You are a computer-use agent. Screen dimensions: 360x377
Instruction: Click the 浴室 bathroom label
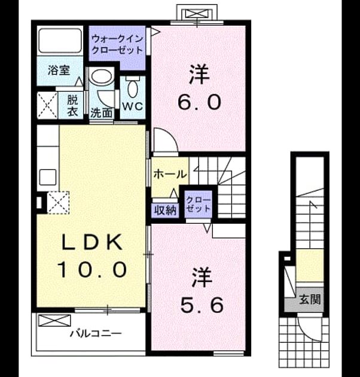[x=59, y=70]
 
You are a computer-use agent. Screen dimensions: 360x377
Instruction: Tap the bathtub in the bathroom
[x=60, y=41]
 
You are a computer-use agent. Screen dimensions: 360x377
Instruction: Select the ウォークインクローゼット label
[x=118, y=44]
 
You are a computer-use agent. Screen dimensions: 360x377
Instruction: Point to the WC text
[x=133, y=106]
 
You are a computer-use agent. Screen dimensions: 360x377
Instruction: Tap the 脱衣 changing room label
[x=72, y=106]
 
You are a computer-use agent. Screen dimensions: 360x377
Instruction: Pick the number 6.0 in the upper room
[x=199, y=102]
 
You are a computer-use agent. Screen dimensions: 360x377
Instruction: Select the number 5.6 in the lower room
[x=202, y=305]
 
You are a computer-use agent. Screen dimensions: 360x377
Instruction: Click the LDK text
[x=92, y=242]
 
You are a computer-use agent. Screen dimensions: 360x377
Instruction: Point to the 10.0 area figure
[x=92, y=269]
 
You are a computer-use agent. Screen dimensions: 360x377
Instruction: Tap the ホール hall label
[x=170, y=174]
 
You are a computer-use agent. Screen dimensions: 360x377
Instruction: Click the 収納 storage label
[x=165, y=211]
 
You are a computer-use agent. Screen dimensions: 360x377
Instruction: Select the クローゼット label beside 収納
[x=199, y=204]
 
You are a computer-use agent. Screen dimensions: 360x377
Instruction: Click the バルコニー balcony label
[x=96, y=333]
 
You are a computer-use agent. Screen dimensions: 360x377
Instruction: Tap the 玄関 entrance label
[x=310, y=300]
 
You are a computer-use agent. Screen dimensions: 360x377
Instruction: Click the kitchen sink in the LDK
[x=48, y=178]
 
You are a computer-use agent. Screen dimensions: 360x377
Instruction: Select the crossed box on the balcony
[x=55, y=321]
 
